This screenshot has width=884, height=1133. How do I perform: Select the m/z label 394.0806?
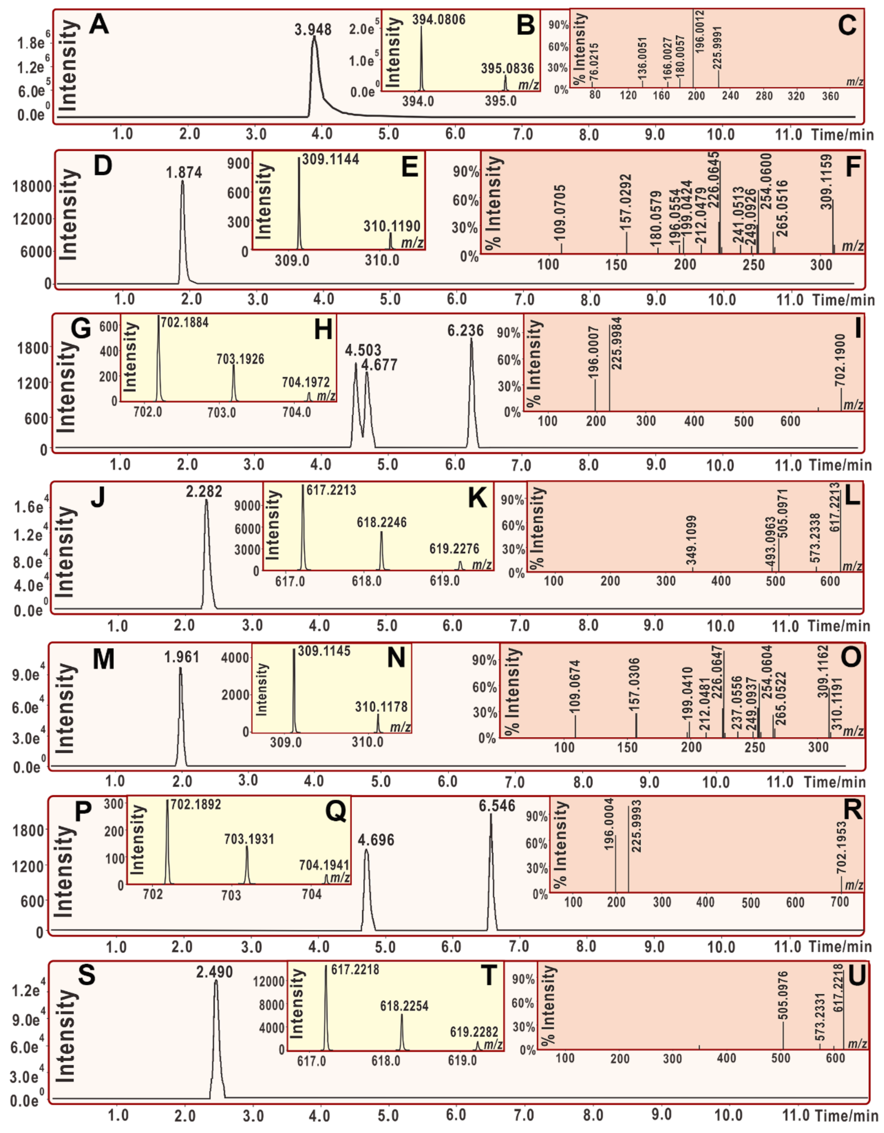click(439, 20)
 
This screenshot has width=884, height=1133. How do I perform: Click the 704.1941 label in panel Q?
click(324, 865)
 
